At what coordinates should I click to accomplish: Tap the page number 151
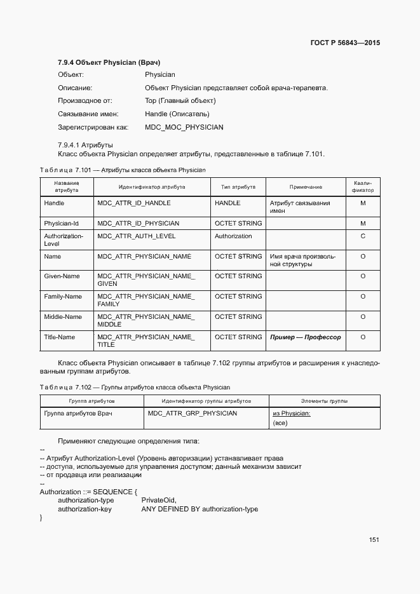click(x=374, y=539)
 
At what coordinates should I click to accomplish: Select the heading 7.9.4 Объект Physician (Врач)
click(x=109, y=62)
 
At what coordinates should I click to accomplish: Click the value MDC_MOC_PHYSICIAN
click(x=184, y=127)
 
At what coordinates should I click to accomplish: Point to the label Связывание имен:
click(x=89, y=114)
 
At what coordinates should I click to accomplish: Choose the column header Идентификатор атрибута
click(x=152, y=187)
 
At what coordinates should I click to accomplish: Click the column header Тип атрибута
click(x=238, y=187)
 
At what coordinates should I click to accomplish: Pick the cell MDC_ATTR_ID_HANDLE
click(x=133, y=203)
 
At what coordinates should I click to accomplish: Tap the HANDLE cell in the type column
click(x=227, y=203)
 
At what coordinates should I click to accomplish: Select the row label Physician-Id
click(x=61, y=224)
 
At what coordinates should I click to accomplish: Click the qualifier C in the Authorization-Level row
click(x=363, y=236)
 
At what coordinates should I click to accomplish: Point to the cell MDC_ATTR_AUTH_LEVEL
click(x=136, y=236)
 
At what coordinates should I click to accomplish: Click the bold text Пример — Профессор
click(x=305, y=337)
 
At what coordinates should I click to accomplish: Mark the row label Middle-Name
click(x=63, y=317)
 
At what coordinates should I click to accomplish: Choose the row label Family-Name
click(x=63, y=297)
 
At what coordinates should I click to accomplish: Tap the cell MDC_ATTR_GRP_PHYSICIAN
click(x=193, y=414)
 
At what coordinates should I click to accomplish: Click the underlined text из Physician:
click(x=291, y=414)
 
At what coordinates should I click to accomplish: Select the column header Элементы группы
click(x=324, y=402)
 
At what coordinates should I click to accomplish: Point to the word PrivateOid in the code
click(x=158, y=500)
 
